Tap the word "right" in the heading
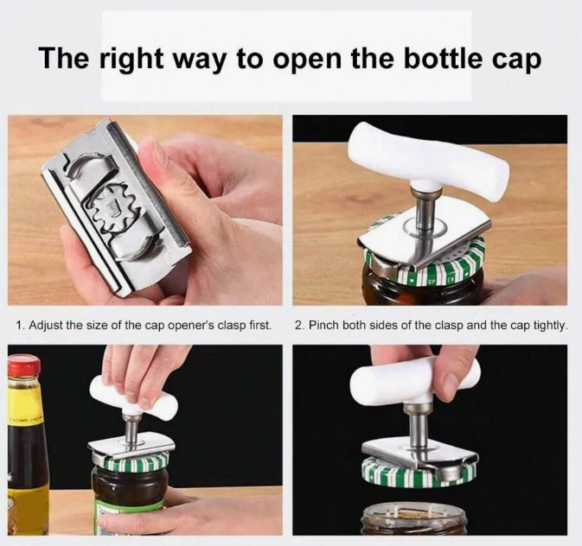[131, 60]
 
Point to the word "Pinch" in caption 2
[323, 326]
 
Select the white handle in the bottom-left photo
[134, 397]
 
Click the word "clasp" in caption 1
[231, 326]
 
